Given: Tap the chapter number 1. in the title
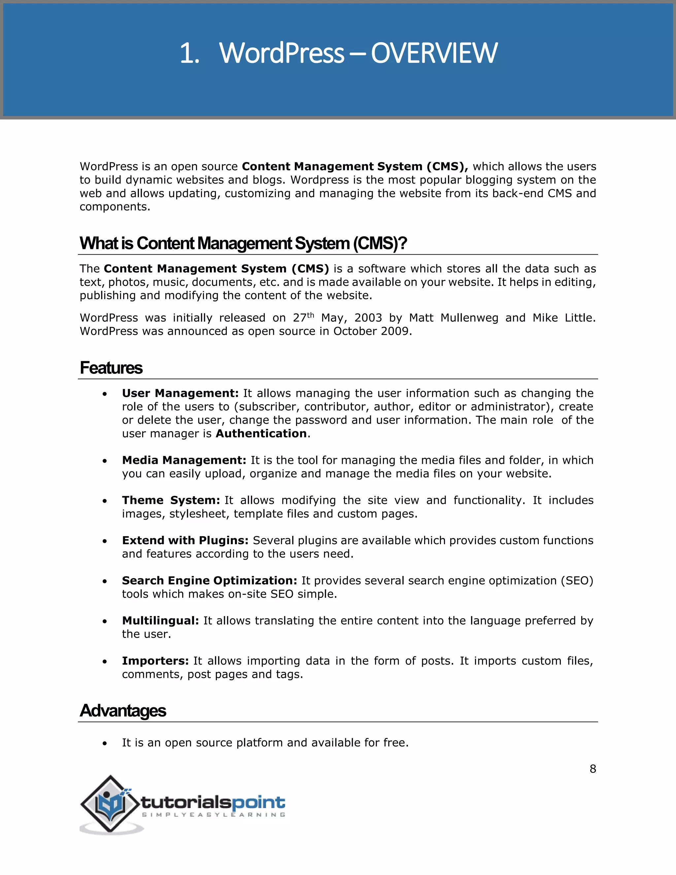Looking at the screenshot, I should click(189, 53).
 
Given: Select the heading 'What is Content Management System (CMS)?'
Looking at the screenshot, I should click(243, 243).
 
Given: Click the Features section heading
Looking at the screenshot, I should click(111, 368).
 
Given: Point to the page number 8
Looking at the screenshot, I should click(593, 769).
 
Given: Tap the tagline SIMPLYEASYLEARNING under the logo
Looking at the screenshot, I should click(214, 815).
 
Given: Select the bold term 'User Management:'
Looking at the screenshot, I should click(180, 393).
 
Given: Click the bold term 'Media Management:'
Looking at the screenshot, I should click(184, 460).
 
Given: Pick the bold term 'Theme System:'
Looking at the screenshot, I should click(171, 500).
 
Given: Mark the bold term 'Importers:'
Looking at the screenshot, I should click(155, 660).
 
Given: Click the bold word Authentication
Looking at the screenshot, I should click(261, 434).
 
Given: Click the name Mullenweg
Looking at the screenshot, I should click(469, 318).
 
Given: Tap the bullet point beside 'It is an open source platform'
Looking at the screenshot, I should click(105, 744).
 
